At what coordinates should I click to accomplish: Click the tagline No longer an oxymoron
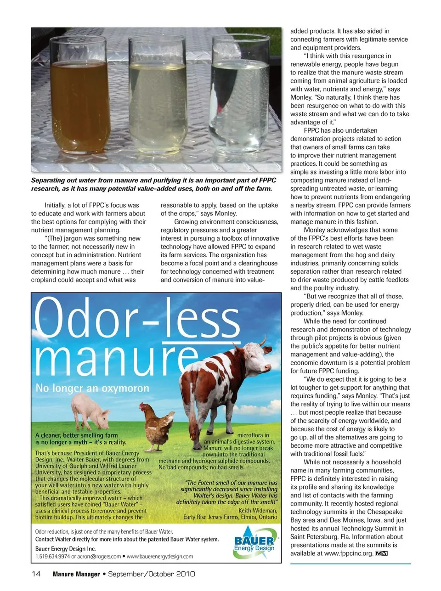[92, 388]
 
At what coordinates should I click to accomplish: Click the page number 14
[36, 574]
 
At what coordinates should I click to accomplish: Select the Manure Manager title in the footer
[76, 574]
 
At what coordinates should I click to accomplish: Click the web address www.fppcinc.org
[348, 553]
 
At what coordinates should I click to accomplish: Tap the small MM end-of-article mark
[381, 553]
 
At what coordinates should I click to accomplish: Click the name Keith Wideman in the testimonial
[258, 510]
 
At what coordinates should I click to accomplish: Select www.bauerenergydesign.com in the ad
[160, 556]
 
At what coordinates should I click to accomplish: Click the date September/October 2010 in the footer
[152, 574]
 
